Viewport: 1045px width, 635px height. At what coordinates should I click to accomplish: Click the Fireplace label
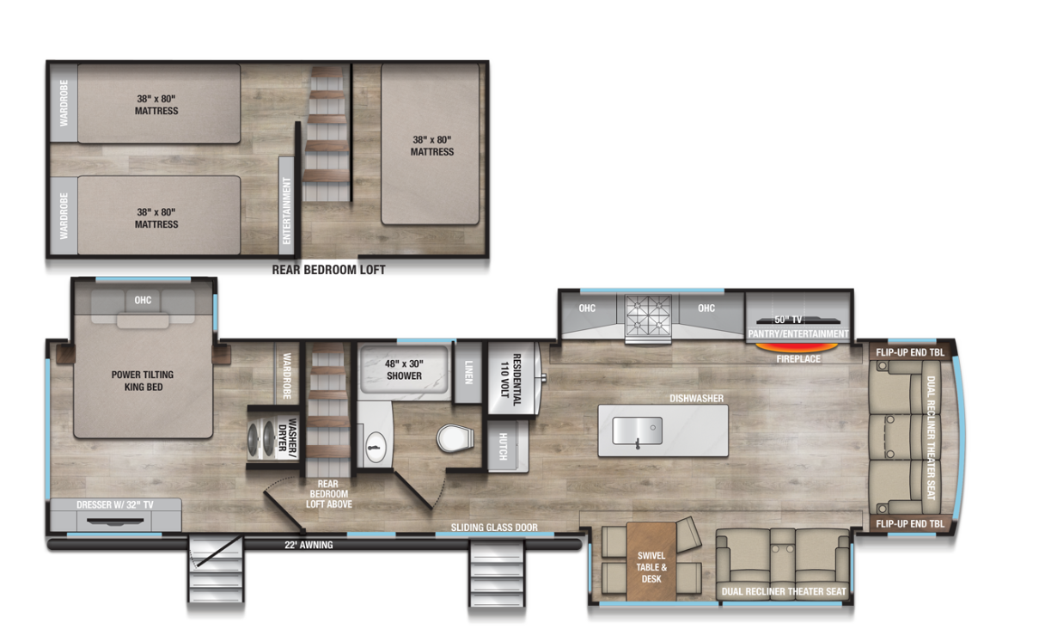[x=798, y=358]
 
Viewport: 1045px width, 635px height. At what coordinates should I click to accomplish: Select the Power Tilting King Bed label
[x=143, y=381]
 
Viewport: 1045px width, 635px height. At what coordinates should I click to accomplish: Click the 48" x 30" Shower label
[x=404, y=369]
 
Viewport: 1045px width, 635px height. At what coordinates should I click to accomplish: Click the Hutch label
[x=503, y=445]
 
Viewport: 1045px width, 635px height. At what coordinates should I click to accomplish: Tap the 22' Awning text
[x=309, y=545]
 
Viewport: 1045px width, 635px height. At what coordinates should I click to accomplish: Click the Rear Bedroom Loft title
[x=328, y=270]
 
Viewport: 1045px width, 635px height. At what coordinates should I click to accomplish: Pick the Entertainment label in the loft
[x=287, y=211]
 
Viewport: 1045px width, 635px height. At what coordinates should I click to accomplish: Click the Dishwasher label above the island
[x=697, y=398]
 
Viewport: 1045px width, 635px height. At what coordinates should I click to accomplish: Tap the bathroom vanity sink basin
[x=374, y=444]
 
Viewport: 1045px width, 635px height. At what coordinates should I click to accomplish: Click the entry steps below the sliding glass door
[x=495, y=573]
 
